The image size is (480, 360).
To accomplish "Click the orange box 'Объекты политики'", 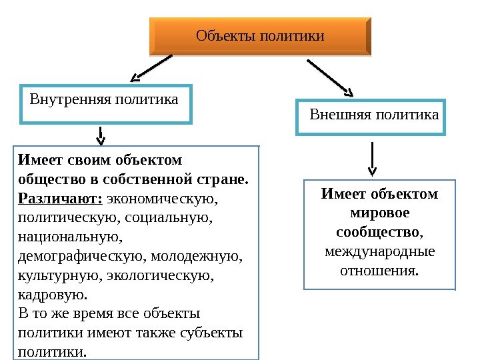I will click(x=259, y=36).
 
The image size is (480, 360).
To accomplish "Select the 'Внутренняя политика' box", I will click(x=106, y=104).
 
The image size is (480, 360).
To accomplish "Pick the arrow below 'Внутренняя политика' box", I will click(x=101, y=135).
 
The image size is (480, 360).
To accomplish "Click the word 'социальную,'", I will click(x=175, y=217).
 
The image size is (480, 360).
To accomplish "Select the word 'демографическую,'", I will click(x=83, y=256).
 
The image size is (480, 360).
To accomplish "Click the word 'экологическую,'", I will click(x=175, y=275).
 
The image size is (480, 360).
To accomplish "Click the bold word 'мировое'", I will click(x=379, y=213).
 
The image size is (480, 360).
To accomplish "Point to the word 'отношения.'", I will click(x=379, y=271).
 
